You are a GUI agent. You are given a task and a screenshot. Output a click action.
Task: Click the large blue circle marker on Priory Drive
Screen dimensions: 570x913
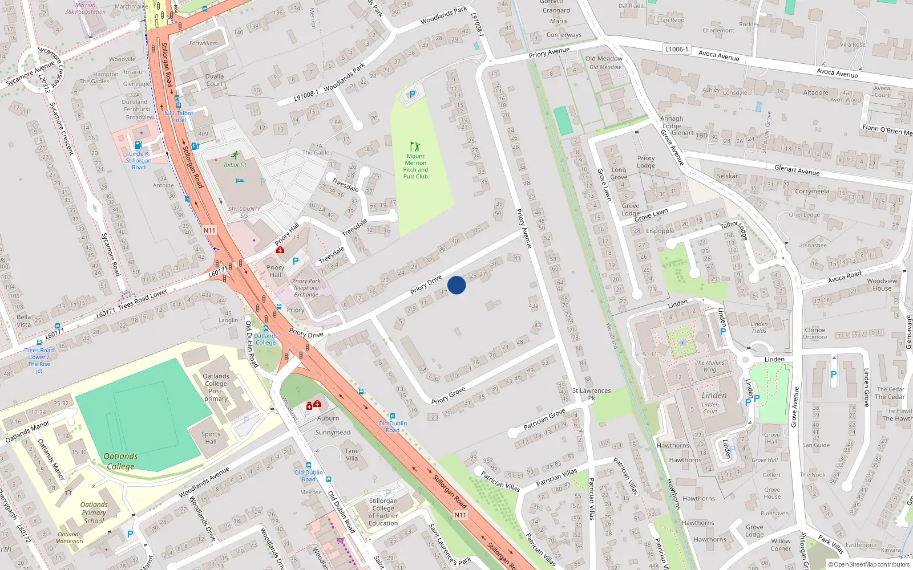coord(457,285)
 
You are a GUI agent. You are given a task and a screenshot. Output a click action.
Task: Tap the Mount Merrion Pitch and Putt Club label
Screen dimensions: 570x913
coord(415,166)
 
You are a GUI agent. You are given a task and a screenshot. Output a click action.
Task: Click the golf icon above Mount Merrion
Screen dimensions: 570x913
coord(415,146)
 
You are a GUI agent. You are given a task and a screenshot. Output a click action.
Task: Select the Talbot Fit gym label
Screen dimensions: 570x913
coord(235,165)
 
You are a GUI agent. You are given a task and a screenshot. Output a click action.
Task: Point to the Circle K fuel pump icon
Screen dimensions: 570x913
coord(138,145)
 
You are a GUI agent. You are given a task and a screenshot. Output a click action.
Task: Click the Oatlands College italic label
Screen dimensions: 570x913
coord(120,461)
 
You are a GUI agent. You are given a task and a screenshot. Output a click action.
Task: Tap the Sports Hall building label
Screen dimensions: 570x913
coord(211,438)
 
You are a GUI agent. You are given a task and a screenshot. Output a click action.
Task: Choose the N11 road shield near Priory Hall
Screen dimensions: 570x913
coord(209,230)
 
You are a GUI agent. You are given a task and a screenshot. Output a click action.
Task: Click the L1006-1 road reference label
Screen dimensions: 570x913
coord(677,50)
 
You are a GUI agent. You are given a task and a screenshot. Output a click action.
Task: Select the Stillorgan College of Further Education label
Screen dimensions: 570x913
coord(383,512)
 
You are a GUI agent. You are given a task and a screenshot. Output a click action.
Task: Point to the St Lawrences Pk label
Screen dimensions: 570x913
coord(591,394)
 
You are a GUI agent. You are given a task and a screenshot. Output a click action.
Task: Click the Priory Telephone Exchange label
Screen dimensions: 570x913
coord(306,288)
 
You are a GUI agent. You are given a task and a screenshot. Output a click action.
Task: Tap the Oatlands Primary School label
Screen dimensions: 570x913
coord(94,512)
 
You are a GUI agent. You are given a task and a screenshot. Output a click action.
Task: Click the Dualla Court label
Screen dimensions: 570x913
coord(215,80)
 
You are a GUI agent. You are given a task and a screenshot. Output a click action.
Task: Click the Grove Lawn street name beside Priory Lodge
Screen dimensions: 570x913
coord(651,215)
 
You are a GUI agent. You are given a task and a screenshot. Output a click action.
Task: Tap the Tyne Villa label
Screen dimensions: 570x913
coord(352,454)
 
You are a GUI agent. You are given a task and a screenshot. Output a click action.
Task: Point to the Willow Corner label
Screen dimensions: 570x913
coord(781,545)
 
